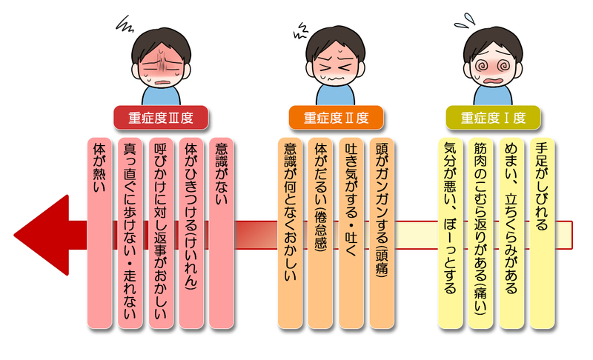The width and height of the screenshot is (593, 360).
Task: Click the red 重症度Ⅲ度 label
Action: (x=160, y=117)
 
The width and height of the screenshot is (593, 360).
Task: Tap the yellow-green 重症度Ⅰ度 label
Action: (x=493, y=117)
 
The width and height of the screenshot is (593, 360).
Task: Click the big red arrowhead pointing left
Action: (x=41, y=233)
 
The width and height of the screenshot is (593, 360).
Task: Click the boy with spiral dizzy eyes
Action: (x=492, y=63)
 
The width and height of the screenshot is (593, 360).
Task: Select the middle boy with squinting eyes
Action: (x=336, y=63)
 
